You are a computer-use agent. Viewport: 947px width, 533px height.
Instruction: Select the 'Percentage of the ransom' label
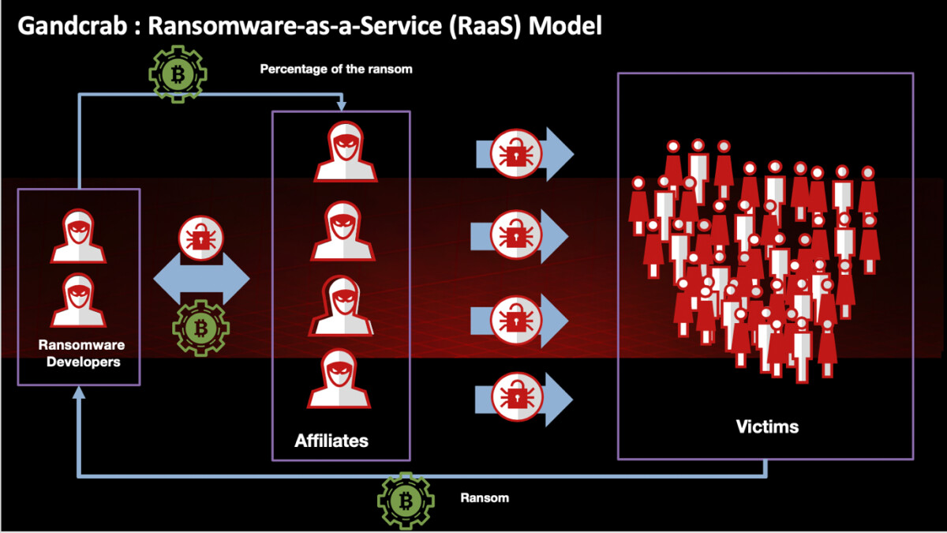(336, 69)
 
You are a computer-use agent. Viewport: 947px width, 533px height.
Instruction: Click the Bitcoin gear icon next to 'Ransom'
(406, 499)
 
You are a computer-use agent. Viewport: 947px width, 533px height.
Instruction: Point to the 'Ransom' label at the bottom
(485, 498)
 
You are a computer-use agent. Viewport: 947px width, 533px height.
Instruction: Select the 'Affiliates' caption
(331, 440)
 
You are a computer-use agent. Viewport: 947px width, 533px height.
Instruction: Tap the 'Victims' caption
(766, 427)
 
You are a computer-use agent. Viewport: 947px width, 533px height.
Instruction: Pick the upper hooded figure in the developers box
(78, 235)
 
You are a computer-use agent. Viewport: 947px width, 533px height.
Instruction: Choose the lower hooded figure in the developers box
(78, 300)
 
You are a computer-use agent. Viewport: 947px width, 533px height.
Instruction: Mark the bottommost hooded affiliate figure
(339, 379)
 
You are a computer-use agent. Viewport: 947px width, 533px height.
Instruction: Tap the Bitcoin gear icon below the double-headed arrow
(201, 326)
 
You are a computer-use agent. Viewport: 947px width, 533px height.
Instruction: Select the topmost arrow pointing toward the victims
(523, 152)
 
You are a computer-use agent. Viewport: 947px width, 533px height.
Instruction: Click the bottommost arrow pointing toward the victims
(523, 399)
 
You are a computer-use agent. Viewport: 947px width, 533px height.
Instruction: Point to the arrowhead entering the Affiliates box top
(341, 106)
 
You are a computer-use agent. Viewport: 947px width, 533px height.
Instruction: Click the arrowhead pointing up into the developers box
(79, 392)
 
